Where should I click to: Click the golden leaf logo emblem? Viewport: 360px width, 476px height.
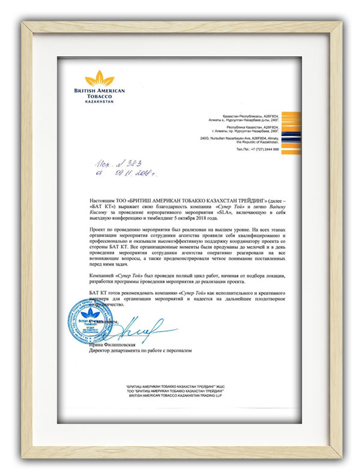coord(98,79)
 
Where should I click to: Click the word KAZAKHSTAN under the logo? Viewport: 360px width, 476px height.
coord(98,102)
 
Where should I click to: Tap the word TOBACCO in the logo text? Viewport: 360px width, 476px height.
coord(98,96)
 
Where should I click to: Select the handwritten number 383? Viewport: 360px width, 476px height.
coord(133,164)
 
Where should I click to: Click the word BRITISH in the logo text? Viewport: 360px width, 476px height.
coord(82,90)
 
